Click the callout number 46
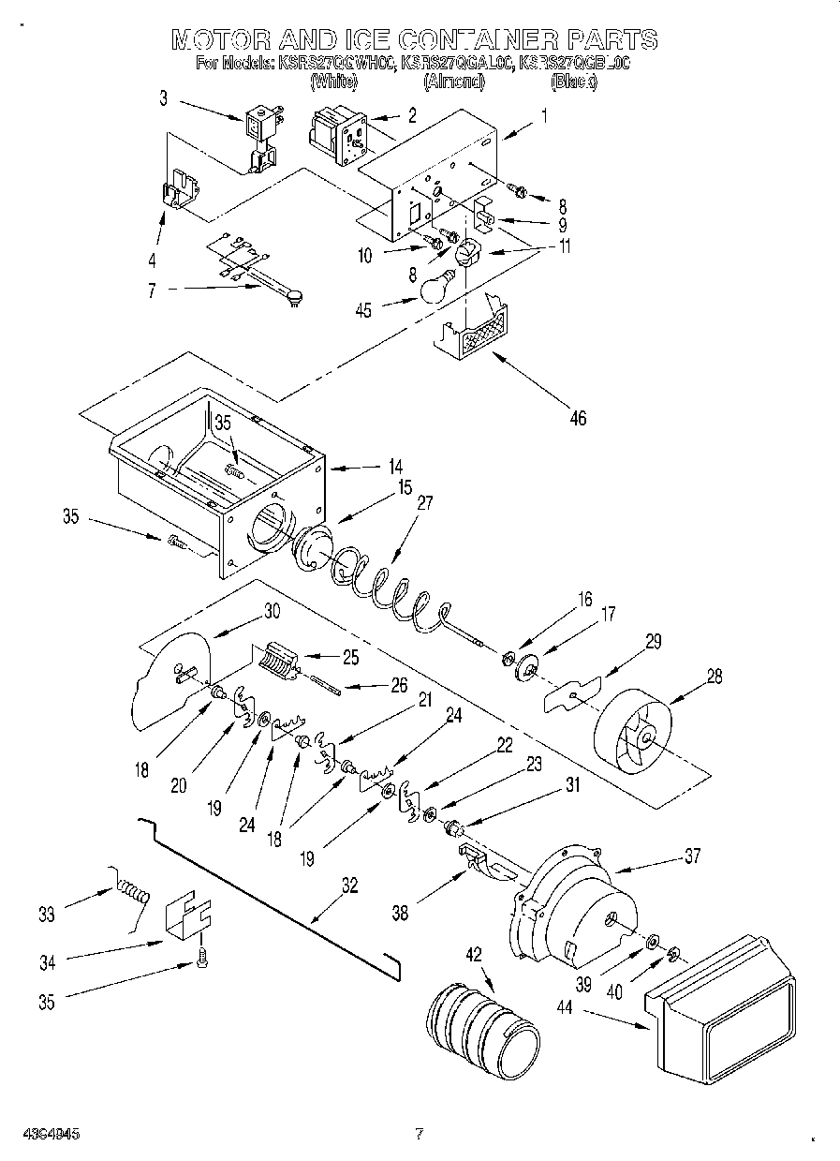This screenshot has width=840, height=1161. coord(577,419)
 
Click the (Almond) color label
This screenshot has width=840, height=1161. coord(454,82)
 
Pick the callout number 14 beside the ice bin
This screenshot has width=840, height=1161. coord(396,465)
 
